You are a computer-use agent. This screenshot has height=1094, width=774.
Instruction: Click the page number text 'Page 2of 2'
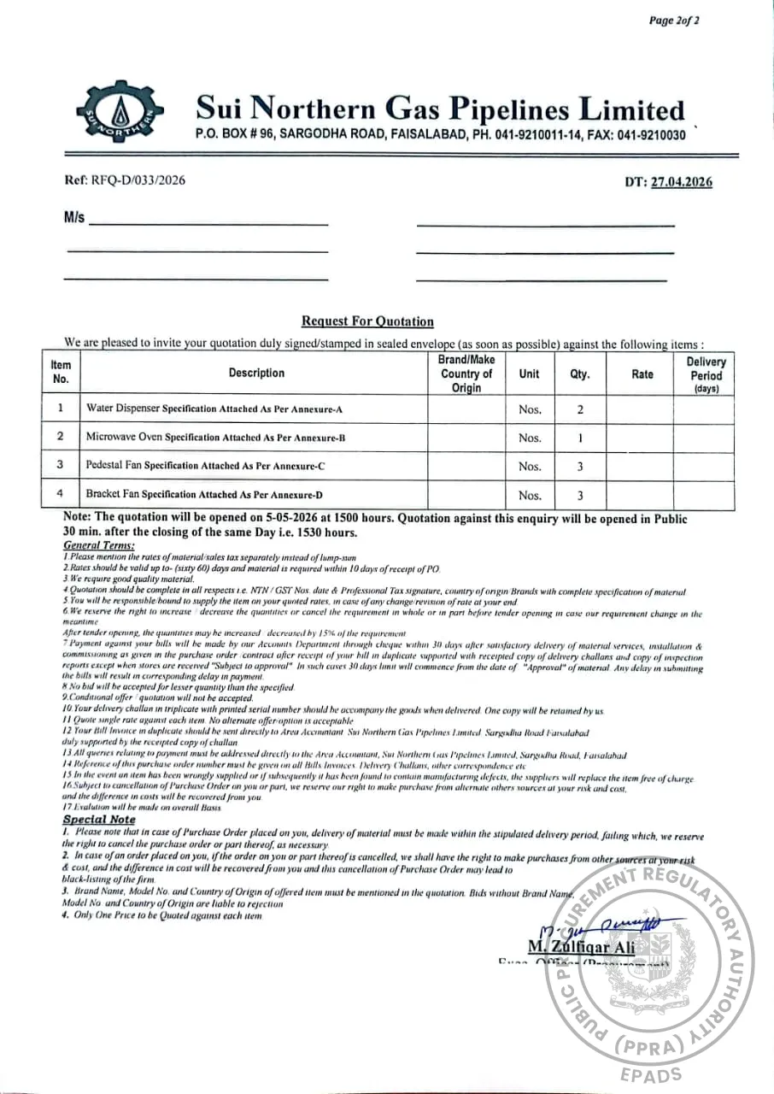[x=674, y=21]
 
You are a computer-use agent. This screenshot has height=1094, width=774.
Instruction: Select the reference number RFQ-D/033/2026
[x=124, y=180]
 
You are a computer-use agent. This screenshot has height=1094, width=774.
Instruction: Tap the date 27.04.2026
[x=681, y=181]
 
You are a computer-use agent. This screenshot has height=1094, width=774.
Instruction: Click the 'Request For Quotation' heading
[x=367, y=321]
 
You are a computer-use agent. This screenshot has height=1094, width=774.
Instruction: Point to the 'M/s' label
[x=74, y=218]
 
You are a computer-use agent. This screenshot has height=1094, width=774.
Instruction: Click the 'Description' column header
[x=256, y=373]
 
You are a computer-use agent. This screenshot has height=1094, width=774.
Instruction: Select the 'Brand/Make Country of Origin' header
[x=466, y=373]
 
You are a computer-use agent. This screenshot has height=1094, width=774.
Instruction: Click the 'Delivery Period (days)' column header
[x=706, y=374]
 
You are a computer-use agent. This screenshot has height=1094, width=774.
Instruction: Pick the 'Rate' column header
[x=642, y=373]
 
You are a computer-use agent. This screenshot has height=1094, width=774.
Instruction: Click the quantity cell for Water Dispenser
[x=580, y=409]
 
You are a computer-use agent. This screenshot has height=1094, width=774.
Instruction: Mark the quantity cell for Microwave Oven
[x=580, y=437]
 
